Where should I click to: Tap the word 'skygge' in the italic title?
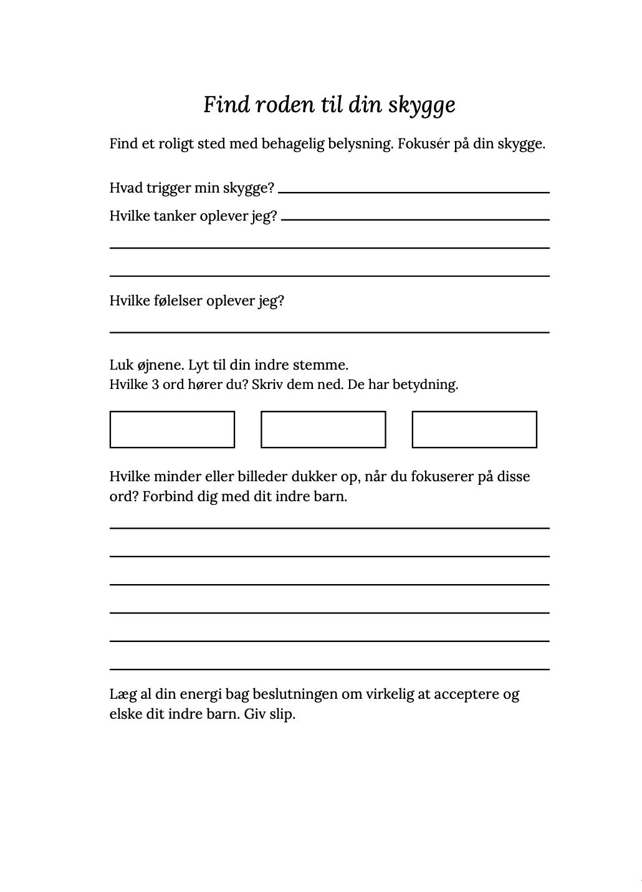422,105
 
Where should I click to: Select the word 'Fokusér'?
424,144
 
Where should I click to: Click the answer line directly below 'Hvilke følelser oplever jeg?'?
329,332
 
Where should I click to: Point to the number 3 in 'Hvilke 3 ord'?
155,385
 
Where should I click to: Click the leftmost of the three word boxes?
172,429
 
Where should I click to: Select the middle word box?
323,429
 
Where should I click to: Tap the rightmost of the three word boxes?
474,429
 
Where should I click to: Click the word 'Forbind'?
166,497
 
